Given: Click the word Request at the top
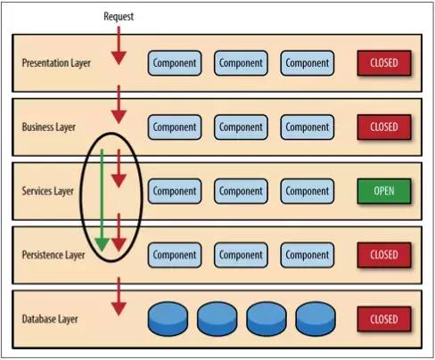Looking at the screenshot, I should pyautogui.click(x=119, y=17).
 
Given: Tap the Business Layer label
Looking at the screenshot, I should pyautogui.click(x=49, y=127).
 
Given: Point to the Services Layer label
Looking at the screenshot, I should pyautogui.click(x=48, y=191).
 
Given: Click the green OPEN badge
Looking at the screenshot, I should pyautogui.click(x=383, y=191).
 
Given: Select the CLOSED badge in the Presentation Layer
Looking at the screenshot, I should pyautogui.click(x=383, y=63).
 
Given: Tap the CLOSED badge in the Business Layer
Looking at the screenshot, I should pyautogui.click(x=383, y=127).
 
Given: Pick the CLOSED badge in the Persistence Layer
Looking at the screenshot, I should pyautogui.click(x=383, y=255).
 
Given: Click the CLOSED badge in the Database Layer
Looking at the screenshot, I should pyautogui.click(x=383, y=318).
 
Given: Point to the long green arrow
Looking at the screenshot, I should pyautogui.click(x=102, y=200).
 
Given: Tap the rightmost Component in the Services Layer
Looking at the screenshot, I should pyautogui.click(x=307, y=191).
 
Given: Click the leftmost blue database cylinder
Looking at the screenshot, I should pyautogui.click(x=171, y=318).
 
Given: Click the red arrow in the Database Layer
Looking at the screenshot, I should pyautogui.click(x=119, y=297).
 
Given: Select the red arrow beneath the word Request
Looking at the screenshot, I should pyautogui.click(x=119, y=45).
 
